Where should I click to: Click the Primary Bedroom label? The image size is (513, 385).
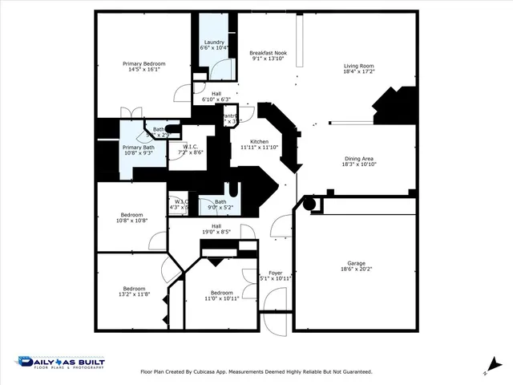(143, 64)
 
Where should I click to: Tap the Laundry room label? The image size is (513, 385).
(214, 42)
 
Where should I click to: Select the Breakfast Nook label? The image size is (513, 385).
(268, 52)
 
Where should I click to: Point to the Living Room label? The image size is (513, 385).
(359, 66)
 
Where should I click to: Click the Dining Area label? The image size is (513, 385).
(359, 159)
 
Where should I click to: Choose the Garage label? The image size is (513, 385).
(356, 263)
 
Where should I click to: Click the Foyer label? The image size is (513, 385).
(275, 273)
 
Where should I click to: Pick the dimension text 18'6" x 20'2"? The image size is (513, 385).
(356, 269)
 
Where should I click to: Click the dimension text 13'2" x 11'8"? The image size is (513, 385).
(134, 294)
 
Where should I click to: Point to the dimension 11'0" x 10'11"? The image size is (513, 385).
(221, 298)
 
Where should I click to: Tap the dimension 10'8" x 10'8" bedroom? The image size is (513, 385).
(132, 221)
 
